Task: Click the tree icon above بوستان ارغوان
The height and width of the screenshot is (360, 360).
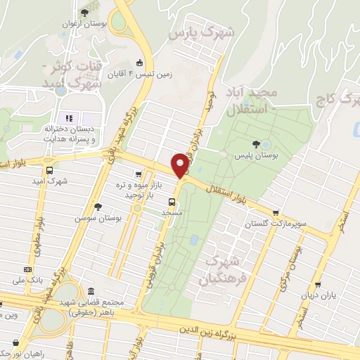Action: (84, 13)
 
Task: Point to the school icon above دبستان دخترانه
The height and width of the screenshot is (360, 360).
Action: (69, 118)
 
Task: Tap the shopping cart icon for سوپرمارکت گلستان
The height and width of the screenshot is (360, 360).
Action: (276, 213)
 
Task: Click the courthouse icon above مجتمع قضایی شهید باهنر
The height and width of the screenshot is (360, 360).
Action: (90, 292)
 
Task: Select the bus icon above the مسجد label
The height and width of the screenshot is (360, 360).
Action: (163, 202)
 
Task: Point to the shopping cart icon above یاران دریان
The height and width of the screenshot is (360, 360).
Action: (319, 285)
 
